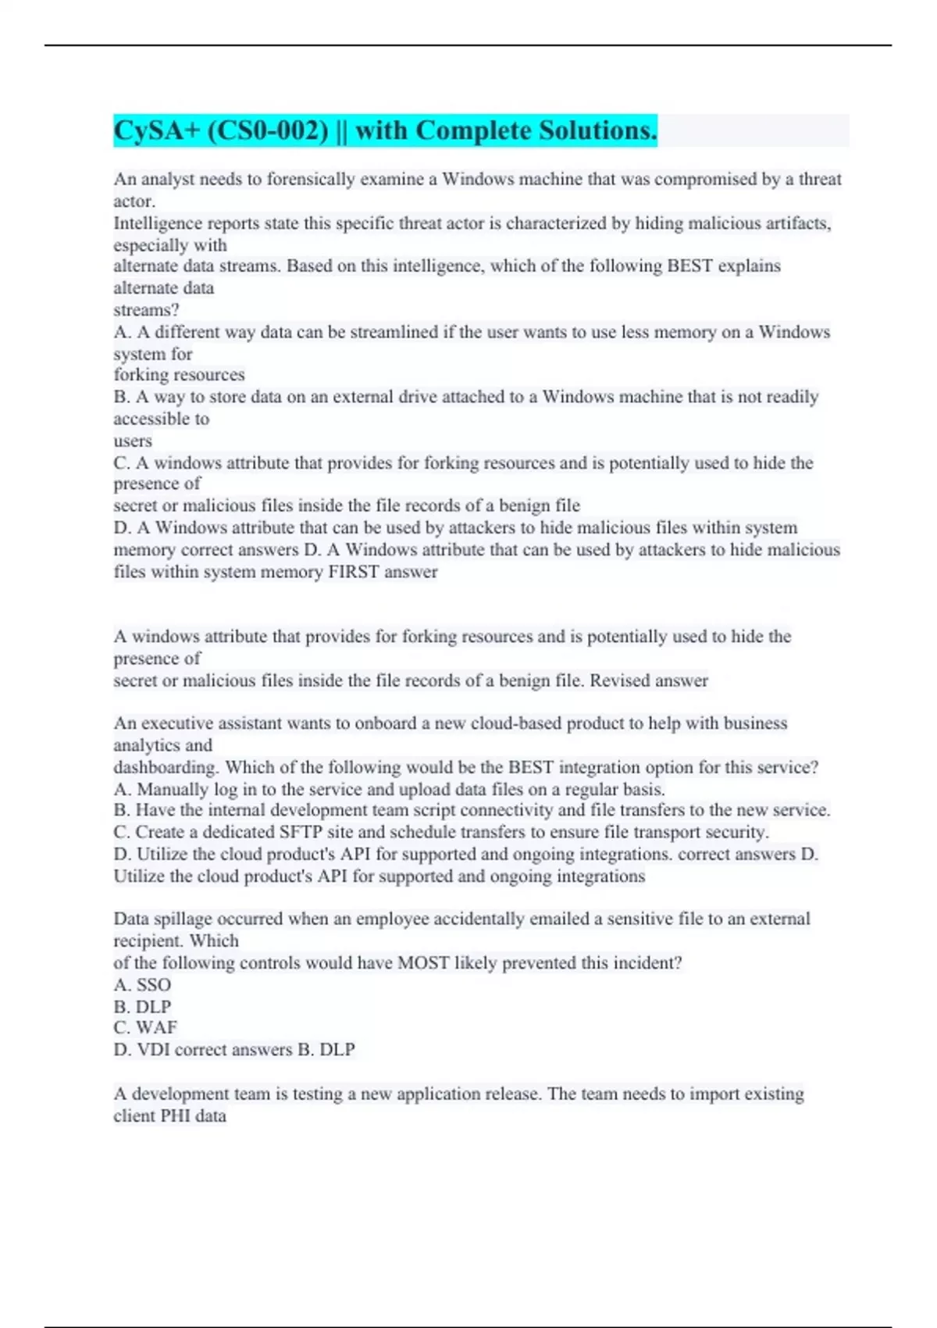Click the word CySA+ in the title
157,130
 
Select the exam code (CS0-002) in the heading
268,130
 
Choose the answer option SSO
154,985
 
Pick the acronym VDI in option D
154,1050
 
